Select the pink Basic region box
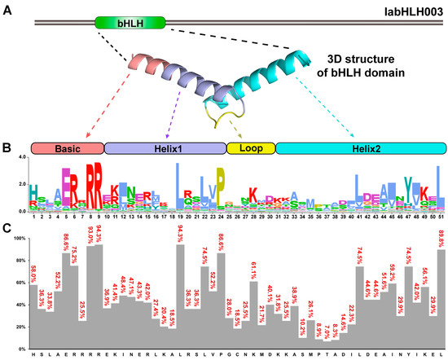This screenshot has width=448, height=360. click(68, 148)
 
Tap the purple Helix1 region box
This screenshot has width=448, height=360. click(165, 148)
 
